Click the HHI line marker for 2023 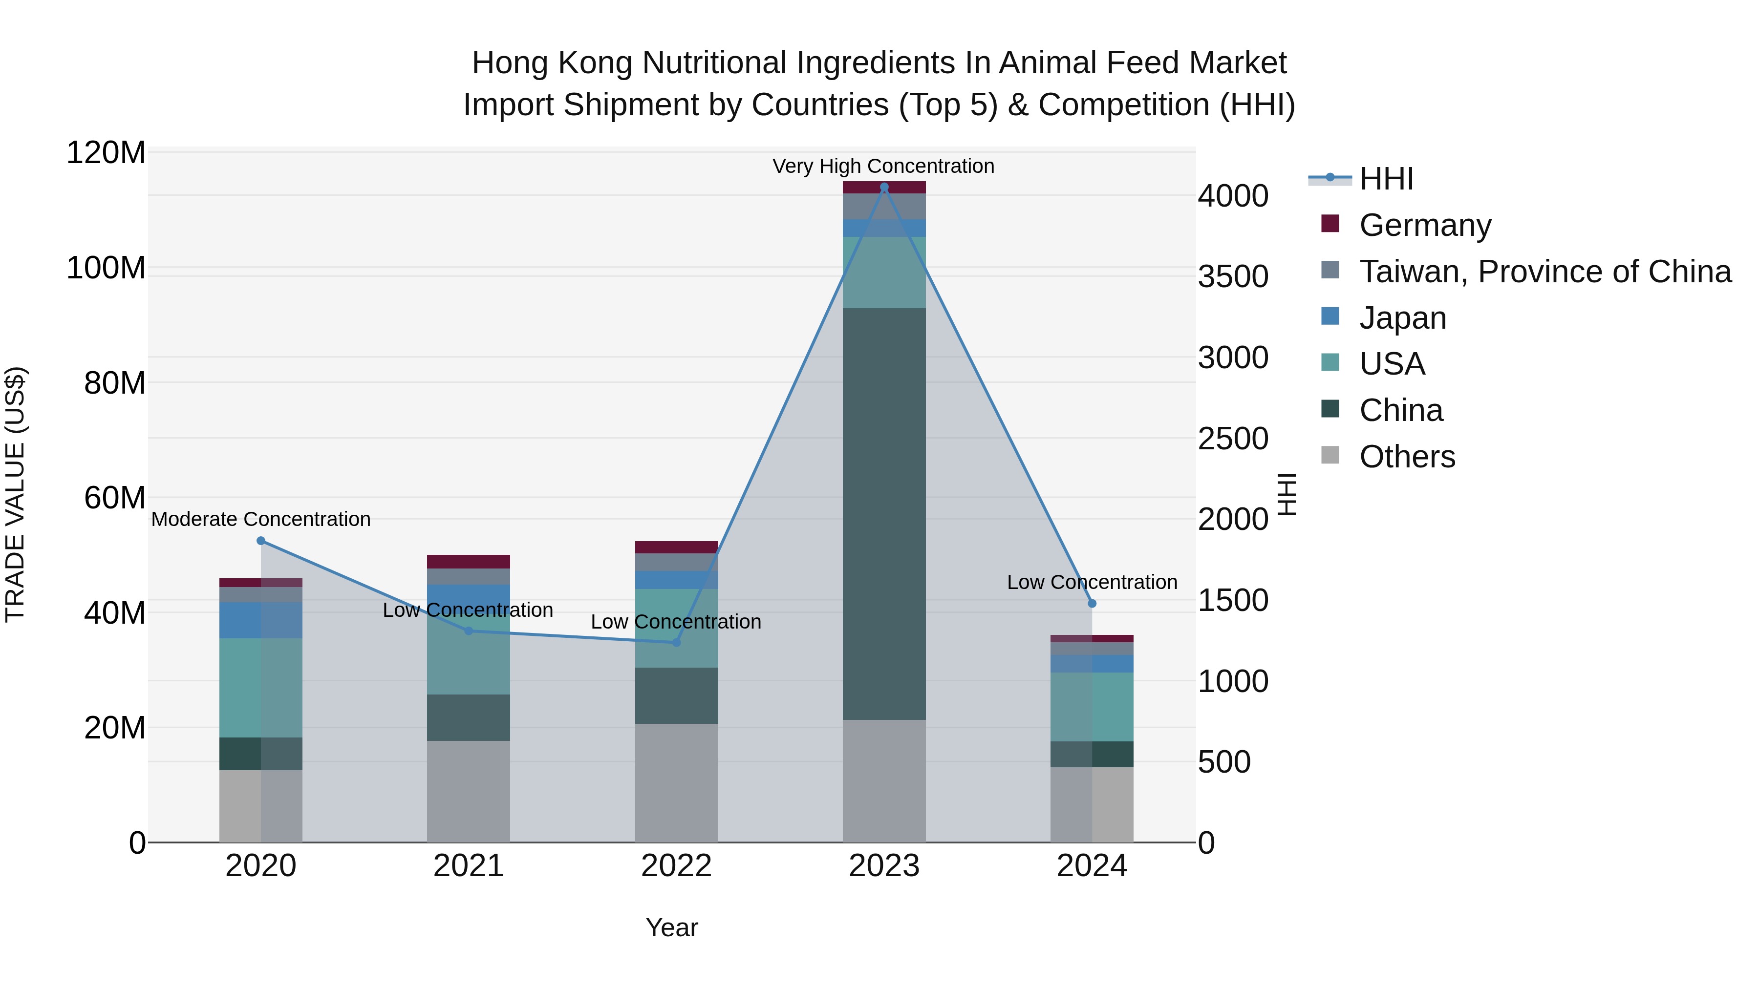[x=884, y=187]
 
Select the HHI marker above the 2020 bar [x=261, y=541]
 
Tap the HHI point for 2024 [x=1092, y=603]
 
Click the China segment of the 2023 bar [x=884, y=512]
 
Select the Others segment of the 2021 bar [x=469, y=792]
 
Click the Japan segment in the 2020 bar [x=261, y=620]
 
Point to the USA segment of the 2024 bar [x=1092, y=706]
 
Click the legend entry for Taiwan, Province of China [x=1544, y=272]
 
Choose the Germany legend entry [x=1425, y=225]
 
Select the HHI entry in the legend [x=1386, y=179]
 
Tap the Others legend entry [x=1407, y=457]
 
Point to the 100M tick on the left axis [x=106, y=268]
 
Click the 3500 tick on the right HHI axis [x=1233, y=276]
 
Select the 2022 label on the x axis [x=676, y=866]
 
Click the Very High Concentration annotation [x=883, y=166]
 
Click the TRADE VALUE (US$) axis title [x=15, y=494]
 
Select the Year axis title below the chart [x=672, y=927]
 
